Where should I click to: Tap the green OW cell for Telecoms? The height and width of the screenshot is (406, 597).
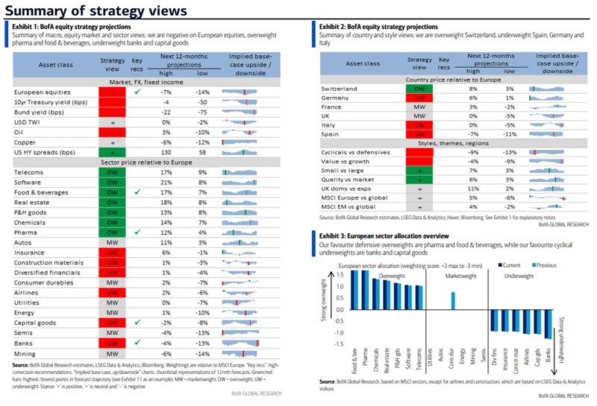(x=110, y=171)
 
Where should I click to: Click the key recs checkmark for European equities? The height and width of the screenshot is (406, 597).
(x=137, y=92)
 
